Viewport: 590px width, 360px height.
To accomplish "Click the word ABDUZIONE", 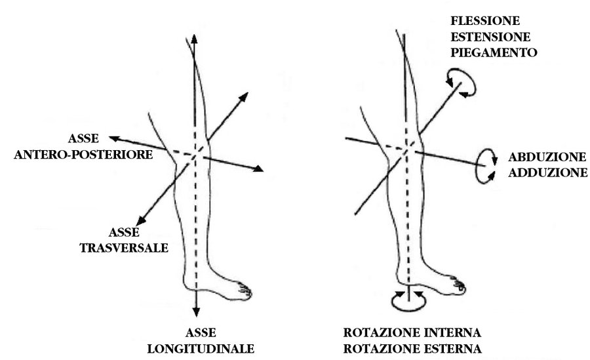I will point(546,158).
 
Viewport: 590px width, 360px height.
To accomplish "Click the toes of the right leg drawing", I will point(459,287).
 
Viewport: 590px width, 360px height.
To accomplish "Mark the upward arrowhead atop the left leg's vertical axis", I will point(195,36).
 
